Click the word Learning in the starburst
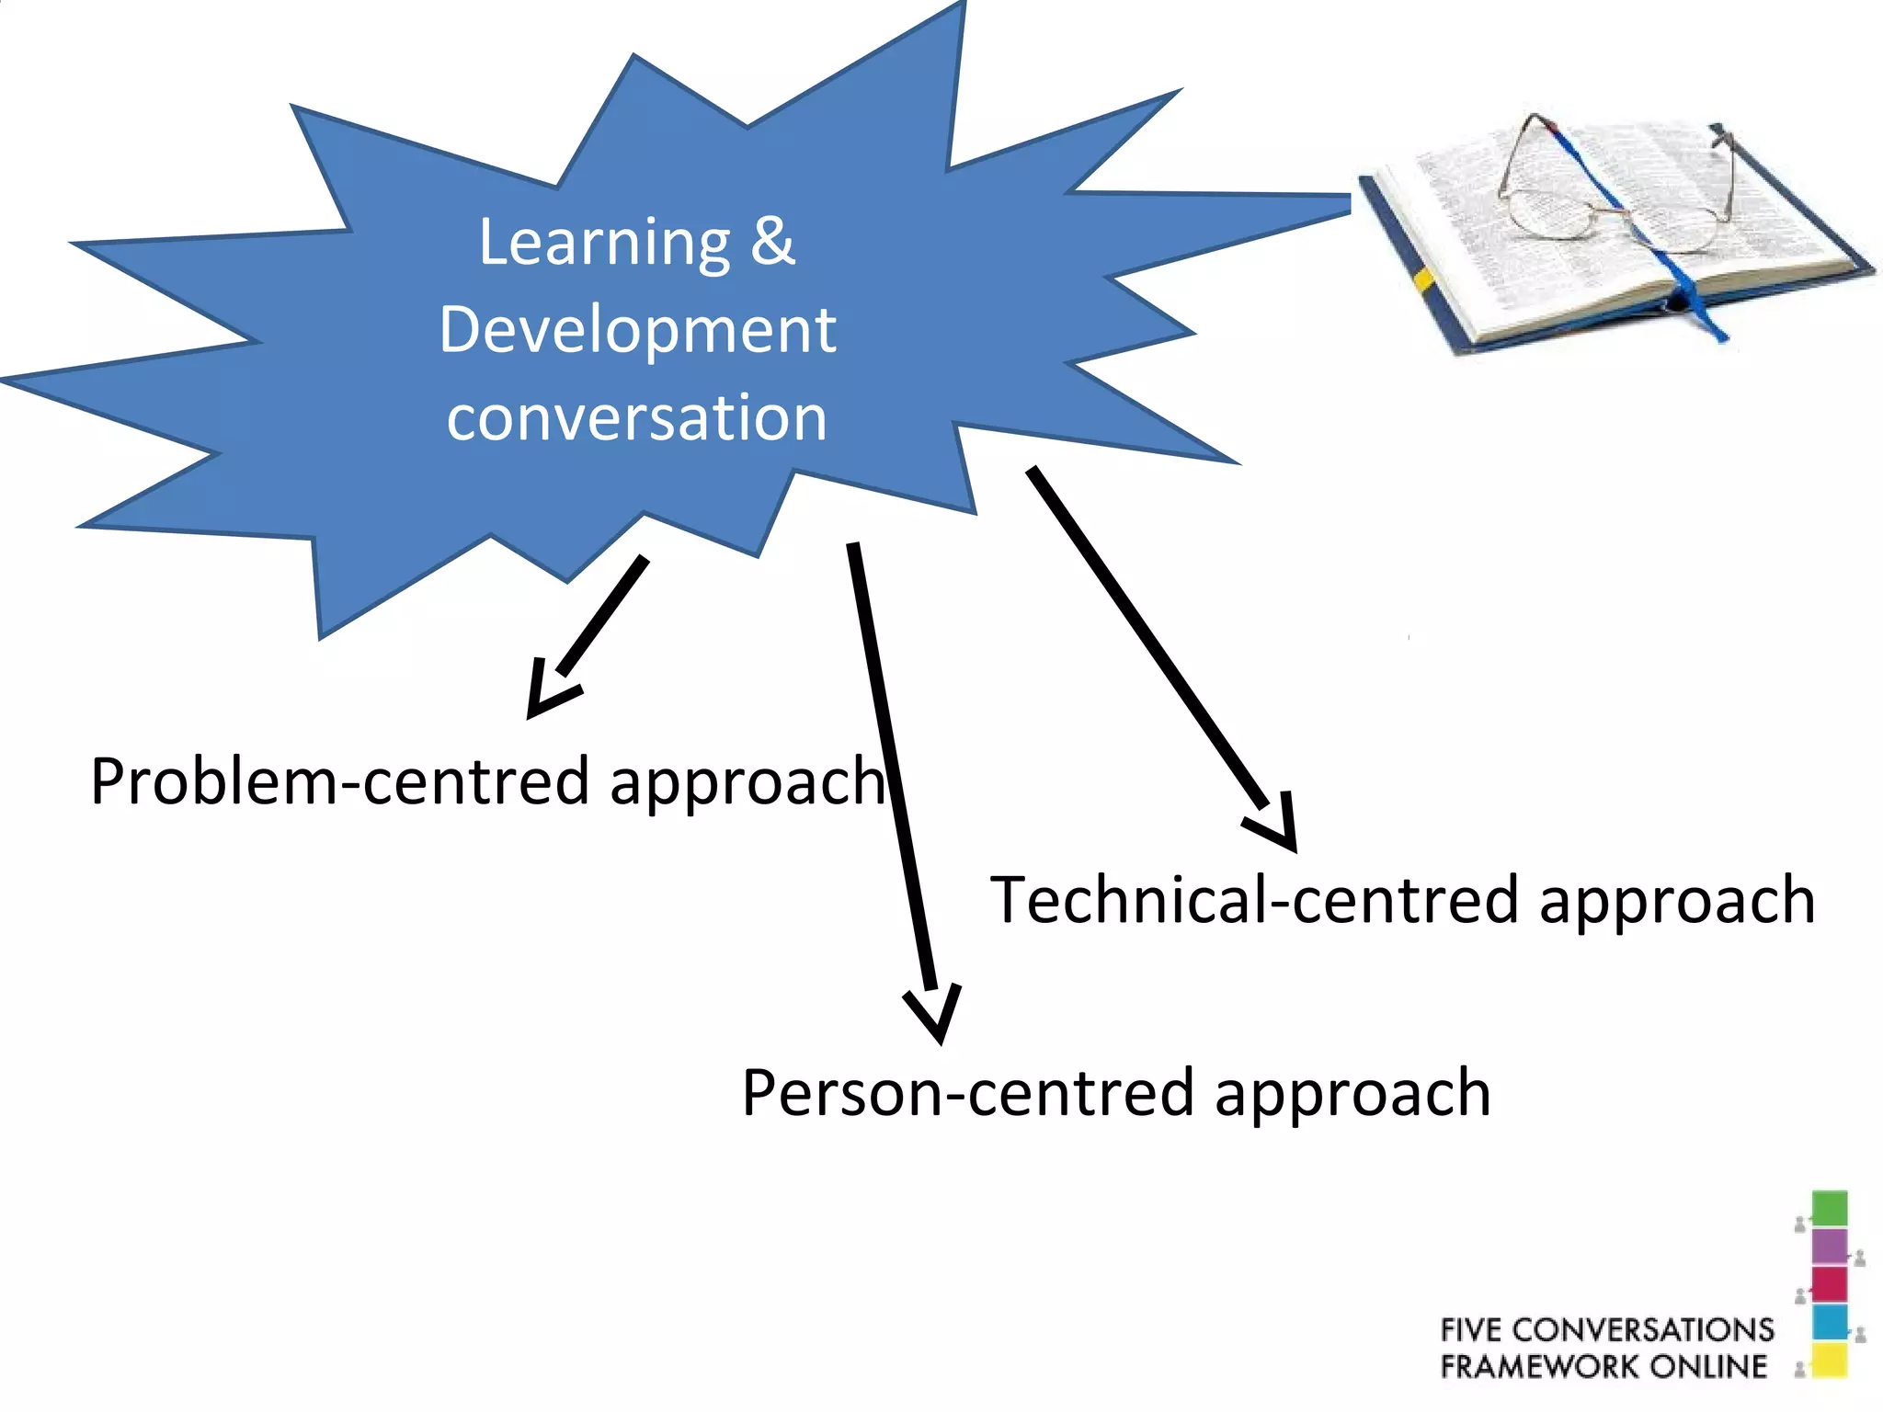(604, 243)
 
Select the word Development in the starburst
(637, 330)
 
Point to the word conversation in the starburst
(637, 418)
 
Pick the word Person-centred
(973, 1094)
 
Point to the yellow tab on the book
(1424, 279)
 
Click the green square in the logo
(1829, 1208)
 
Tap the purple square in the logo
(1829, 1247)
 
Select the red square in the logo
(1829, 1285)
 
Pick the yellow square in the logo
(1829, 1361)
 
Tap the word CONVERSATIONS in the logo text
(1643, 1330)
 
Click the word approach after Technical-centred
(1677, 902)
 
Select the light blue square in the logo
(1829, 1323)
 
